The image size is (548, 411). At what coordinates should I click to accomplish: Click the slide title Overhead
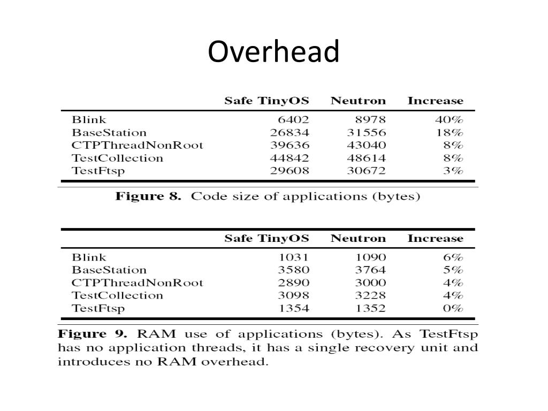coord(273,52)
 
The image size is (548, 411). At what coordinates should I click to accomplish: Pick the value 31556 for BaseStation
coord(367,133)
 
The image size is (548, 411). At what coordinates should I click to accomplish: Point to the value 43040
coord(367,146)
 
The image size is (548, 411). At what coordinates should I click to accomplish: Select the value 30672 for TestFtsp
coord(367,171)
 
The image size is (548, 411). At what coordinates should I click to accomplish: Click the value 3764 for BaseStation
coord(370,270)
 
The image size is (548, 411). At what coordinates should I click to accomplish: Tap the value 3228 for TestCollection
coord(370,296)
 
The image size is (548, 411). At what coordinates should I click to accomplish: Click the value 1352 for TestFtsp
coord(370,309)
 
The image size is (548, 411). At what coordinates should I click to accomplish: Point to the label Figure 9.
coord(92,334)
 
